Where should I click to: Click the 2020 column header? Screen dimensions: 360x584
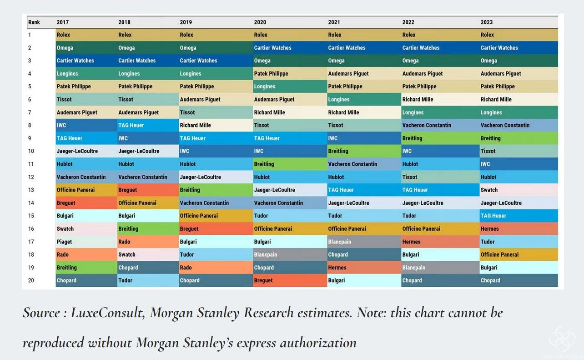click(x=260, y=22)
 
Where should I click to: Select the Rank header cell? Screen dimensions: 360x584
click(x=34, y=22)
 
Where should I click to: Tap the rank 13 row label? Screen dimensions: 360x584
click(x=31, y=190)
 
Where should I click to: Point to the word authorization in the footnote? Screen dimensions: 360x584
click(x=318, y=342)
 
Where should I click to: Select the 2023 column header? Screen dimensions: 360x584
click(x=486, y=22)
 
